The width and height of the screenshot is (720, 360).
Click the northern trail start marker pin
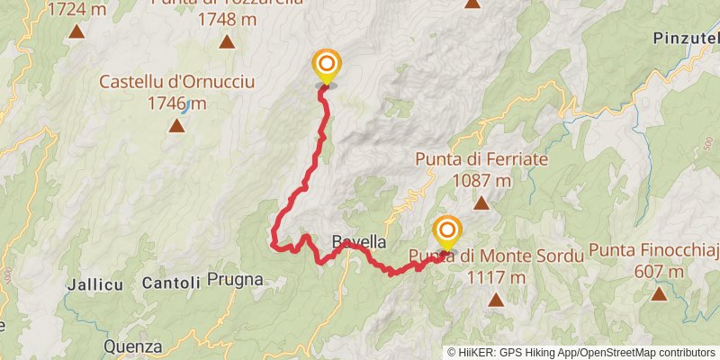point(326,66)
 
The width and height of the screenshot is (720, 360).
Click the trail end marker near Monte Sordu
point(446,231)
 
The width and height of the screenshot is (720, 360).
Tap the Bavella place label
point(358,242)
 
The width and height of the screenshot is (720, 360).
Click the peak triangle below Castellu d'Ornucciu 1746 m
point(177,124)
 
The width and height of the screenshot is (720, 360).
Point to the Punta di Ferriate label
point(481,159)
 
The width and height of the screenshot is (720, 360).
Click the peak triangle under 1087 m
point(481,202)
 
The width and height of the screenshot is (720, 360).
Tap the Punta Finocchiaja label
point(654,250)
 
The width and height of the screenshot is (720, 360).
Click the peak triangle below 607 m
point(660,293)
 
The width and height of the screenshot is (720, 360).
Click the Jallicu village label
point(94,283)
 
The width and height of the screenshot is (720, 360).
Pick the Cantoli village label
point(171,283)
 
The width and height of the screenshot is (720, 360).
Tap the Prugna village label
point(235,280)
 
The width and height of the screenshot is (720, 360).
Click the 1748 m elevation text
point(226,19)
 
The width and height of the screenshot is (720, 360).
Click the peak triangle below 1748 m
point(227,41)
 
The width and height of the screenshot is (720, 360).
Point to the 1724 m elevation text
point(76,11)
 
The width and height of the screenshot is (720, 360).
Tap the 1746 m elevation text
point(176,103)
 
